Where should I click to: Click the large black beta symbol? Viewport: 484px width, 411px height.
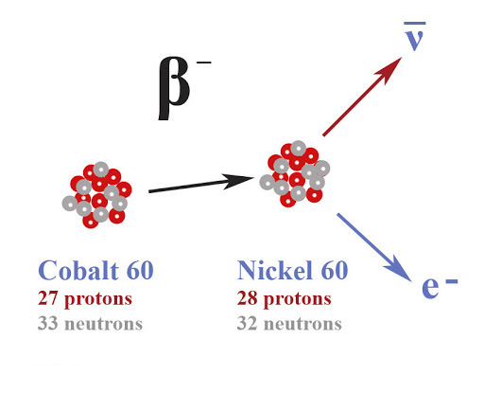(174, 89)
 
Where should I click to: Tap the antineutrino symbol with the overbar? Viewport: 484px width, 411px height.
(415, 36)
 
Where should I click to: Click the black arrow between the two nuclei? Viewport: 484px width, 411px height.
(201, 184)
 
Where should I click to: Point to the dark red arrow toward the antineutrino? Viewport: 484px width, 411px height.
(362, 97)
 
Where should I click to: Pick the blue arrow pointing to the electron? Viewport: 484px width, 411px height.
(374, 247)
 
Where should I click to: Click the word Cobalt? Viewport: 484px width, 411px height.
(78, 270)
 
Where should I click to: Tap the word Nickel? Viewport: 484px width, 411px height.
(275, 270)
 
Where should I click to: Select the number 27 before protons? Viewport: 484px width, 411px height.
(47, 298)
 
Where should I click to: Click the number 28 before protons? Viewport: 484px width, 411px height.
(247, 298)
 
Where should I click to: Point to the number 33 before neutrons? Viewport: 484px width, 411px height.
(47, 323)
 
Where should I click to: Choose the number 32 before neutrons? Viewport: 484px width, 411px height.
(247, 323)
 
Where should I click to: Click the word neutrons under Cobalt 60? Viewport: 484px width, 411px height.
(104, 324)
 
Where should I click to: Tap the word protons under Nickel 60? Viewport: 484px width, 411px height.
(298, 299)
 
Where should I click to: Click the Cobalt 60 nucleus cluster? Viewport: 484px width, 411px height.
(97, 195)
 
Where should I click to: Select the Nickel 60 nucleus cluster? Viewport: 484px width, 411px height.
(295, 173)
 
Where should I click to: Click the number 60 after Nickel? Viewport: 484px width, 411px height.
(335, 271)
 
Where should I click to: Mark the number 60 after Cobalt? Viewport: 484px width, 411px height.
(140, 271)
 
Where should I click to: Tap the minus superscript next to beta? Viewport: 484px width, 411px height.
(203, 63)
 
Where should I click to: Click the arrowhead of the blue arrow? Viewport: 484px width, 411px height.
(400, 271)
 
